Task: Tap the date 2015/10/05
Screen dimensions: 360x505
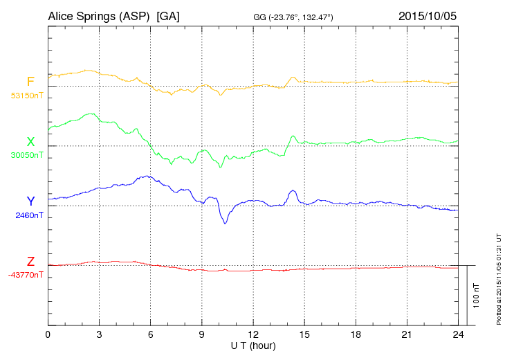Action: tap(427, 16)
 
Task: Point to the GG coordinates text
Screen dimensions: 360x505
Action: tap(293, 17)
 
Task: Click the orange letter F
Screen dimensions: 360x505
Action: tap(30, 82)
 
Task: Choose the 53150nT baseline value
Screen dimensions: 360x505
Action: tap(26, 96)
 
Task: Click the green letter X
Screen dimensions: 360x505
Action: tap(30, 142)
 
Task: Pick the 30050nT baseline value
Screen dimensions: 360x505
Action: tap(26, 155)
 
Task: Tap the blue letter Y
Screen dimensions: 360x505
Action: tap(30, 201)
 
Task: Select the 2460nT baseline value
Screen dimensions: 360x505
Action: tap(29, 215)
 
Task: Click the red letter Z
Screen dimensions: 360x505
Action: tap(30, 262)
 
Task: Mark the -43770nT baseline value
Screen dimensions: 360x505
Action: tap(26, 275)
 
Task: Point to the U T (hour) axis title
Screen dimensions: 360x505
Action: tap(253, 345)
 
